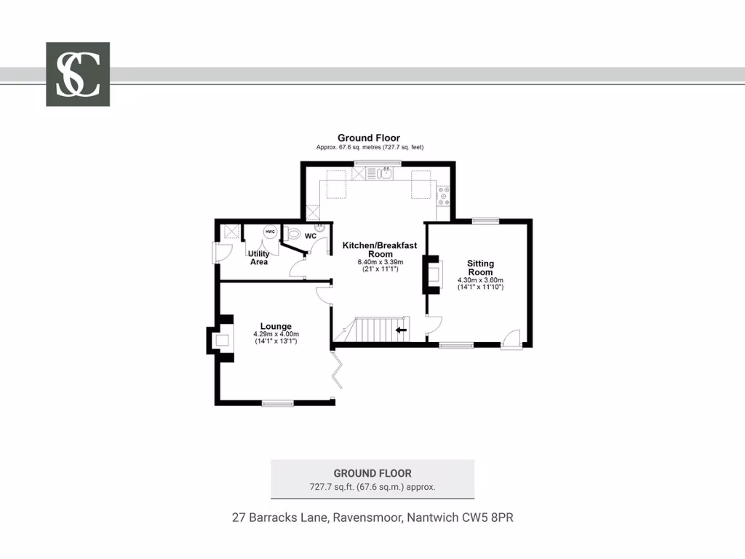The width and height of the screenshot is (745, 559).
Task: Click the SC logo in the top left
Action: (78, 74)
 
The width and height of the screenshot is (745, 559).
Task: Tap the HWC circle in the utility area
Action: (270, 231)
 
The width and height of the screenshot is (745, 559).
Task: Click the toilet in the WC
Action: (293, 234)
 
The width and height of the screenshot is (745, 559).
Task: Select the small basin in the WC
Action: (318, 226)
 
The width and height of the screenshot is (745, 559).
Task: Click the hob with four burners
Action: (443, 194)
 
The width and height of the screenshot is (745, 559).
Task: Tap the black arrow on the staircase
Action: (400, 330)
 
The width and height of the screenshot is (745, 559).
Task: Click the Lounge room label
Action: (276, 326)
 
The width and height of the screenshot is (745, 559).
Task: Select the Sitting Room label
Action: (480, 268)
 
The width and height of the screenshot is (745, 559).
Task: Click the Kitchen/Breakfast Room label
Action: (380, 250)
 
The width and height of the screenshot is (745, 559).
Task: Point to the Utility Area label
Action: (259, 258)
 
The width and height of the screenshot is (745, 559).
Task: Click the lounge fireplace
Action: (220, 339)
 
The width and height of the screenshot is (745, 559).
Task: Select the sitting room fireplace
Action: (433, 274)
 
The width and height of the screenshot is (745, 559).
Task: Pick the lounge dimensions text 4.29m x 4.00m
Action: (276, 334)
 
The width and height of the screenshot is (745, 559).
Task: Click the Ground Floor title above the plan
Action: (368, 138)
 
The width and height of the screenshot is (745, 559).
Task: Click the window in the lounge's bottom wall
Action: (278, 403)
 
